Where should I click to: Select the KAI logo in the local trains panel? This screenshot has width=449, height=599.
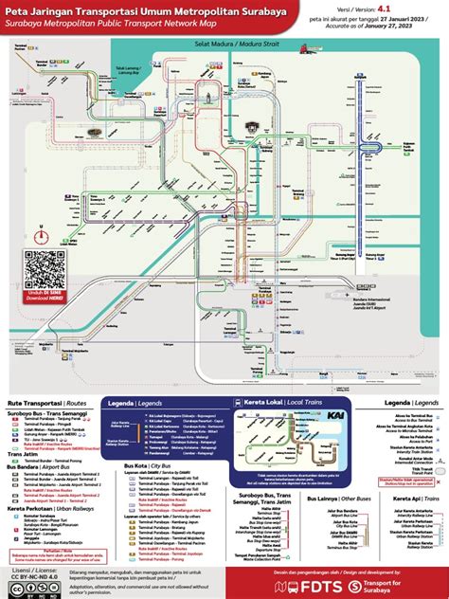(335, 418)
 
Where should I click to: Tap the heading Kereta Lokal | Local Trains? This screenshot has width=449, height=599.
(274, 403)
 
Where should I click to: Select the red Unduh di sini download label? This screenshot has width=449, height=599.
(41, 301)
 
